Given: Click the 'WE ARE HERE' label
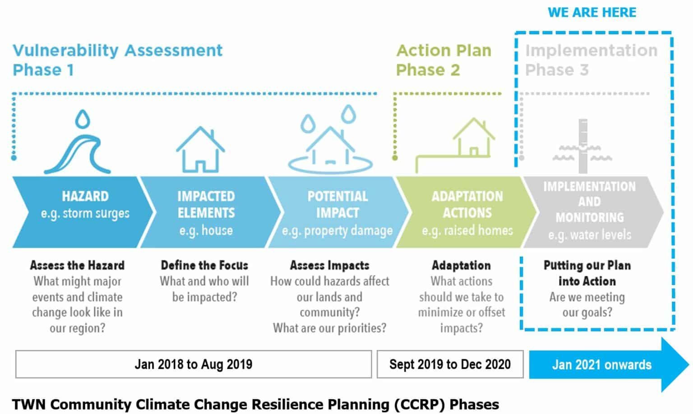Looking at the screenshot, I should pos(591,13).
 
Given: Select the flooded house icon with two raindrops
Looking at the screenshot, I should pos(330,144).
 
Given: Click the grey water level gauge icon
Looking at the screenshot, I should pos(582,147).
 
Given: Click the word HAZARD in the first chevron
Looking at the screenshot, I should pos(85,196).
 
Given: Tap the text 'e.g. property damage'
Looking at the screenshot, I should pos(337,230).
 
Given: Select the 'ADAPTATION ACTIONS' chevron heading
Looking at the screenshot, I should pos(467,204).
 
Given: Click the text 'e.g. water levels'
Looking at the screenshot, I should pos(589,235).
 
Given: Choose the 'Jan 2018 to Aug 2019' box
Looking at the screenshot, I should pos(194,364).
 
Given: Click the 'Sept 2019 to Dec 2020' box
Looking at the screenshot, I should pos(450,364).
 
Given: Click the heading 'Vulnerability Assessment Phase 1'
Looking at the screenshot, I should pos(117,60).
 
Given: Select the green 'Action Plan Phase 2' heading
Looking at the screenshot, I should pos(444,60).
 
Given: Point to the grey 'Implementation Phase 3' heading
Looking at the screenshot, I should pos(591,60).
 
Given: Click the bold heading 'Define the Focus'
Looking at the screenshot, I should pos(204,265).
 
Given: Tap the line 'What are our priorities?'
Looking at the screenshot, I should pos(329,328).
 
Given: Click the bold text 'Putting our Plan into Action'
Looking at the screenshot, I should pos(587,273).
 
